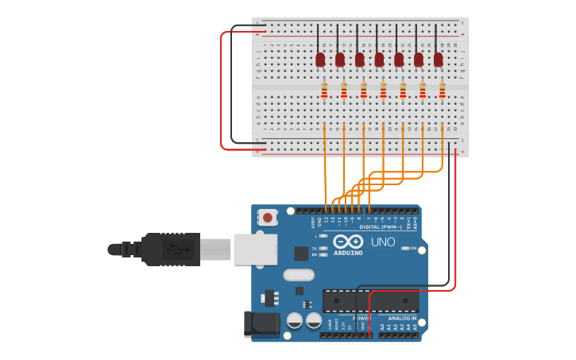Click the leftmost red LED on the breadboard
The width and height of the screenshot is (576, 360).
(x=320, y=60)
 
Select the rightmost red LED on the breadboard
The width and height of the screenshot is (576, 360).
(x=438, y=60)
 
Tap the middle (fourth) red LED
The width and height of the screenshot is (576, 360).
(x=379, y=60)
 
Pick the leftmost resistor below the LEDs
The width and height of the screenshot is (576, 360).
(x=324, y=91)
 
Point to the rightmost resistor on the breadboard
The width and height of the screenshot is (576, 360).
(x=442, y=91)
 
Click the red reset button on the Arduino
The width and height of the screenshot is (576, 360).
(x=268, y=217)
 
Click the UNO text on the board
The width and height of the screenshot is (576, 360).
(x=383, y=242)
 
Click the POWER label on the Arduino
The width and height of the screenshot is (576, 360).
(x=361, y=318)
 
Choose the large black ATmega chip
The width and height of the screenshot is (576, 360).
(x=370, y=300)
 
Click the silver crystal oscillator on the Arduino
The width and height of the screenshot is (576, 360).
(x=300, y=275)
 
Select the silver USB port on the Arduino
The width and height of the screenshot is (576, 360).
(x=255, y=249)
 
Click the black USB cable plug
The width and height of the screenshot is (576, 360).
(x=170, y=249)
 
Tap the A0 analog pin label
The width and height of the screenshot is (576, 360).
(x=382, y=326)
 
